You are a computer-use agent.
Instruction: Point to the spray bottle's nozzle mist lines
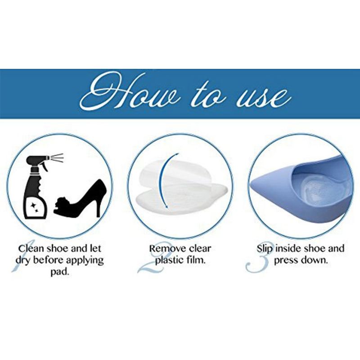pyautogui.click(x=57, y=158)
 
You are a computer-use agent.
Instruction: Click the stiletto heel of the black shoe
pyautogui.click(x=98, y=207)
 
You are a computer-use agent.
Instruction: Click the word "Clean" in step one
pyautogui.click(x=31, y=249)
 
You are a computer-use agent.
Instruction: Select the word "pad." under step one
pyautogui.click(x=60, y=272)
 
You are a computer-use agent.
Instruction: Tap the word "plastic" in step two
pyautogui.click(x=170, y=261)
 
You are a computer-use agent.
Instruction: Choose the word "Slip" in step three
pyautogui.click(x=265, y=249)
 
